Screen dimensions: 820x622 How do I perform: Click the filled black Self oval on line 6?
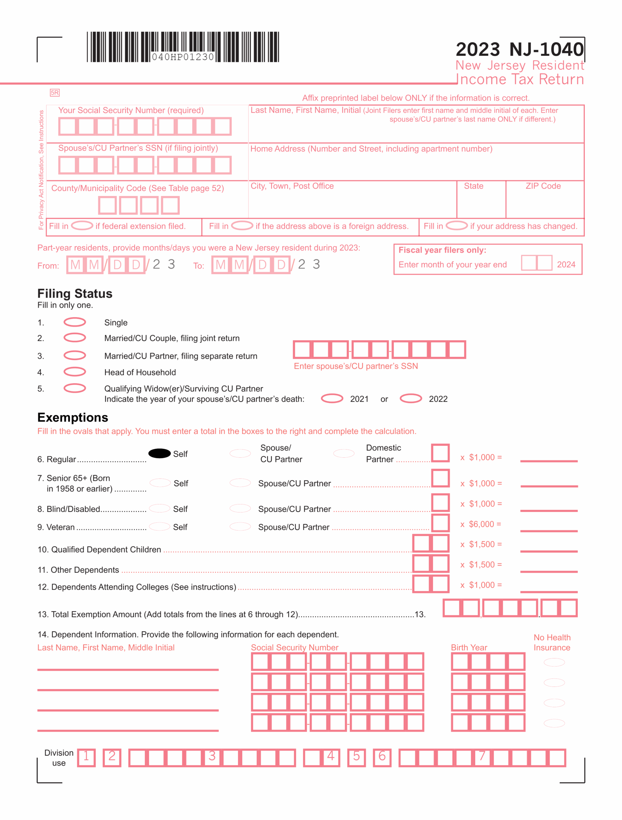coord(160,453)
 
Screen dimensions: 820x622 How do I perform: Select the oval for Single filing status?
coord(75,322)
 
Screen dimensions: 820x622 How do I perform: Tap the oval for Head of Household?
coord(75,372)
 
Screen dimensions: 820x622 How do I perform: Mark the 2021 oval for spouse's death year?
coord(332,398)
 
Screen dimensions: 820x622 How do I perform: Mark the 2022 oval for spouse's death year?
coord(411,398)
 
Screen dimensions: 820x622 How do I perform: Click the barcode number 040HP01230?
coord(183,57)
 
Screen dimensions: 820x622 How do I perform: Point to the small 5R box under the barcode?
coord(54,93)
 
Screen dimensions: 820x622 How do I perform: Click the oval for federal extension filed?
coord(82,225)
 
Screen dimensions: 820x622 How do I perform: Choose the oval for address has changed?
coord(456,225)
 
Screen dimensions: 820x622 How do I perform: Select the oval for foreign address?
coord(242,225)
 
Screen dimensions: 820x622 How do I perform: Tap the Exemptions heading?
coord(73,417)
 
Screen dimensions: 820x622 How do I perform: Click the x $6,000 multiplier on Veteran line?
coord(481,524)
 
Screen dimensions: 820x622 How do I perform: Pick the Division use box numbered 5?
coord(356,757)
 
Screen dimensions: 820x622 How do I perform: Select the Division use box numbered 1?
coord(86,757)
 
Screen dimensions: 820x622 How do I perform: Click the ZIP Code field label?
coord(543,186)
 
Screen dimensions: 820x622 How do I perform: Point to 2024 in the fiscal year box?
coord(566,264)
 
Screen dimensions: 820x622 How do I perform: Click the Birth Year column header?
coord(469,647)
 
